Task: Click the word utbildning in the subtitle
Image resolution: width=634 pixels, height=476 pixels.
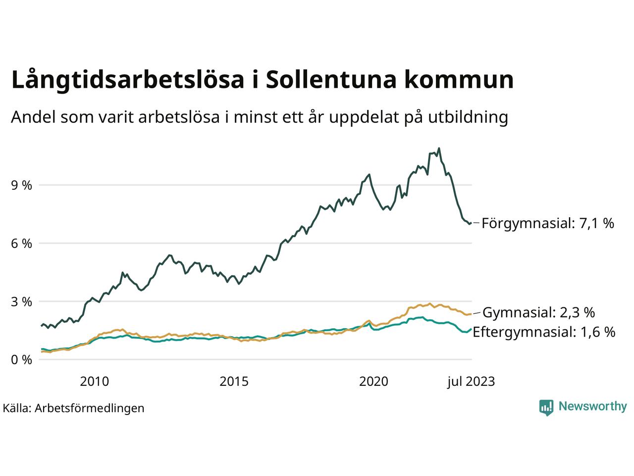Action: [468, 117]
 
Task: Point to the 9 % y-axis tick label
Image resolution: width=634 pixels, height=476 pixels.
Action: [21, 185]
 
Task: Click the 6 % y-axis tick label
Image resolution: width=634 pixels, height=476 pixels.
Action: [21, 243]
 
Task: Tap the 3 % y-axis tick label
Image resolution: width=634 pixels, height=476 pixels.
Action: [21, 301]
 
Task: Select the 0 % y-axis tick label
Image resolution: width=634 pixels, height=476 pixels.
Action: [21, 359]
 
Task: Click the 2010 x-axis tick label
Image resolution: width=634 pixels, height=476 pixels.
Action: [94, 381]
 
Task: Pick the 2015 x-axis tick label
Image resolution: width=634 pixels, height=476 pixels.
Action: [234, 381]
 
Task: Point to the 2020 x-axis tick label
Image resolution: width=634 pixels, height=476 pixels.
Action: [373, 381]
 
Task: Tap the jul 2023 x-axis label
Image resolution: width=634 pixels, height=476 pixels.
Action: [471, 381]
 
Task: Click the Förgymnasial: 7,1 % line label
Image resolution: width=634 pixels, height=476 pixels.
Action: [548, 223]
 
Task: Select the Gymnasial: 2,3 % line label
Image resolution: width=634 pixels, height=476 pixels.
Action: [538, 312]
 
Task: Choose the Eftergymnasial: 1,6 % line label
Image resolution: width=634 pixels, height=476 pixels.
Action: [544, 332]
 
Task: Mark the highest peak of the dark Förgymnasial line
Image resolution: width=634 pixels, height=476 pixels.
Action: [439, 148]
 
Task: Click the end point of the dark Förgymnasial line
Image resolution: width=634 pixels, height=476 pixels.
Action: [470, 224]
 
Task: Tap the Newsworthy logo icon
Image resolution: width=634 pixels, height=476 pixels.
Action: [546, 407]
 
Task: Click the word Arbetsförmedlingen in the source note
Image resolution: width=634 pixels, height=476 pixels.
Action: [90, 408]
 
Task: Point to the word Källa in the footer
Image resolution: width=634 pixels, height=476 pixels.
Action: [17, 408]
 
